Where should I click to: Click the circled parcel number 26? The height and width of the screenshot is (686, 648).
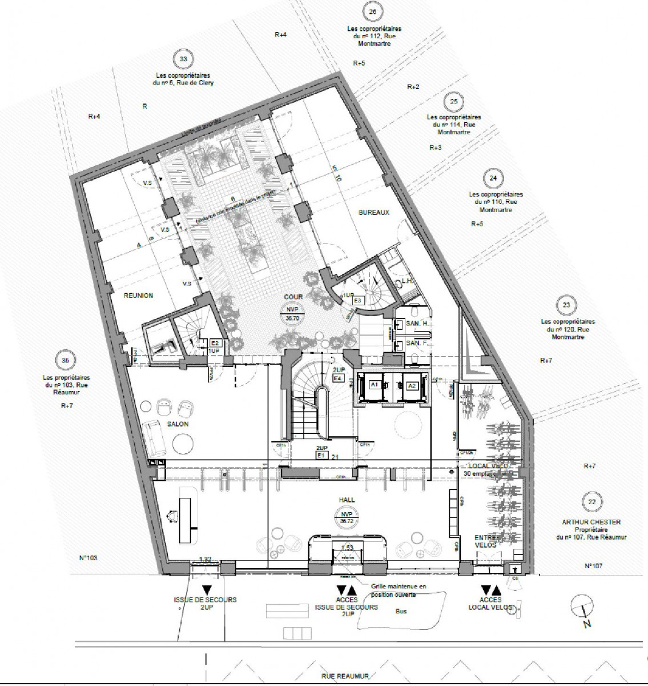[373, 12]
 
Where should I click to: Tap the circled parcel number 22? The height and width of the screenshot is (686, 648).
[591, 502]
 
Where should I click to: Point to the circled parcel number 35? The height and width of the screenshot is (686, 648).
[65, 360]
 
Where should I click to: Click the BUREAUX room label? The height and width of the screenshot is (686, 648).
[374, 212]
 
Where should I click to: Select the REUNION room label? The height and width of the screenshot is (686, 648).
[139, 296]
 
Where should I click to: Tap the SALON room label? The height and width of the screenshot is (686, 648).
[178, 424]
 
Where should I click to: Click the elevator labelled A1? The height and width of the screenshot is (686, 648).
[375, 386]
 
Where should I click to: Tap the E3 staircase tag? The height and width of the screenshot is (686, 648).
[358, 300]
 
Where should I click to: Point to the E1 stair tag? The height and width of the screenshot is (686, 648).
[321, 455]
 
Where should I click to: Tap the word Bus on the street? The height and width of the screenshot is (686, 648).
[401, 611]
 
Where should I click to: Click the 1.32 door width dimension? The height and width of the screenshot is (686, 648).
[206, 559]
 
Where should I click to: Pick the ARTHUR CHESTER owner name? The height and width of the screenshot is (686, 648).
[591, 522]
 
